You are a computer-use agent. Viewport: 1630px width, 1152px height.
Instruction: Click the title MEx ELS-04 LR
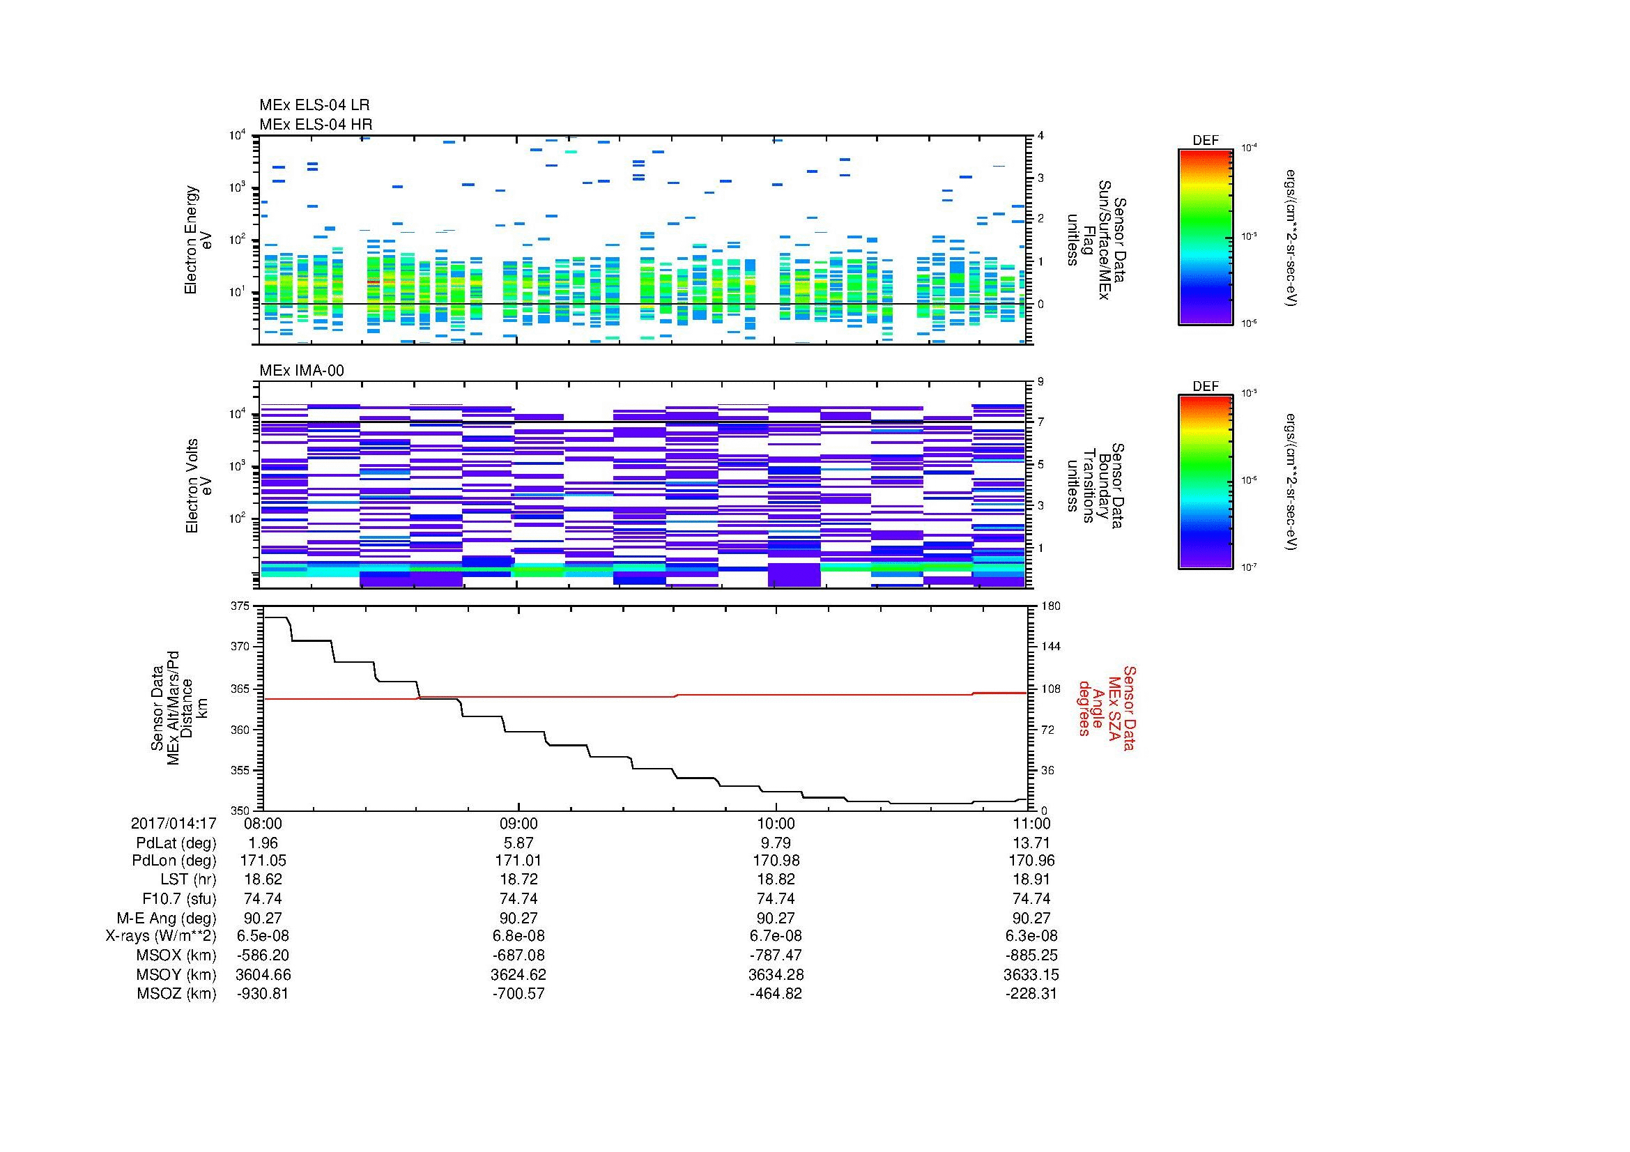tap(314, 105)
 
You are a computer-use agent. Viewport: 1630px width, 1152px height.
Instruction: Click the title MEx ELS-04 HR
tap(315, 124)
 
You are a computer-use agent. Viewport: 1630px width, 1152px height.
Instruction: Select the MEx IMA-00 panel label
tap(301, 371)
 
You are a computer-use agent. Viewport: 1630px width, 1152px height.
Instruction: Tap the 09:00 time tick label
tap(518, 823)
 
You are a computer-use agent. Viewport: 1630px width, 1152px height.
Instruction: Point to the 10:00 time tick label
tap(775, 823)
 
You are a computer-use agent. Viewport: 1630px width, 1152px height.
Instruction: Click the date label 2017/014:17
tap(174, 823)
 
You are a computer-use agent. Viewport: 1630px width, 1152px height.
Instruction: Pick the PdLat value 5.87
tap(518, 843)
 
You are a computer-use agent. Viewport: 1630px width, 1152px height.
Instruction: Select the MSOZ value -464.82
tap(775, 994)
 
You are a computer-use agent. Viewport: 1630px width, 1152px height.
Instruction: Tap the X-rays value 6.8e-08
tap(518, 936)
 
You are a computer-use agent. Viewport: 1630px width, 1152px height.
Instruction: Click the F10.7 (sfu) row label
tap(179, 898)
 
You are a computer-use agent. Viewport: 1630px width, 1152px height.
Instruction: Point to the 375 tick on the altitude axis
tap(240, 606)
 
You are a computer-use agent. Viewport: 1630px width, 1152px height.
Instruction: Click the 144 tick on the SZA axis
tap(1050, 647)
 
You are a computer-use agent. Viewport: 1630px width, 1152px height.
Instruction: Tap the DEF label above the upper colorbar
tap(1206, 141)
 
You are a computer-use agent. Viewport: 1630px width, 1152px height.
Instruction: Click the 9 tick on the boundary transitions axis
tap(1040, 382)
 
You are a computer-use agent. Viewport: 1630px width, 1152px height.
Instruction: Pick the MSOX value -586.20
tap(263, 955)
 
